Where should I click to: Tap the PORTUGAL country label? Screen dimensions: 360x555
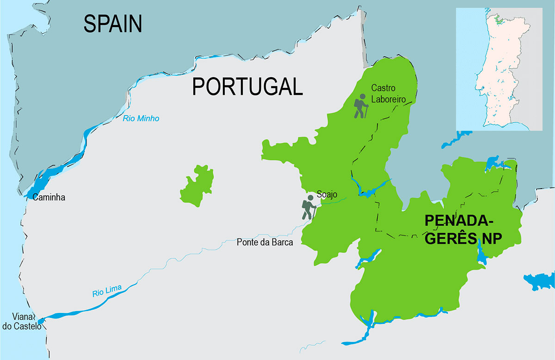pos(247,86)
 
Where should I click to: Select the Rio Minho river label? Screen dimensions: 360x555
pos(141,119)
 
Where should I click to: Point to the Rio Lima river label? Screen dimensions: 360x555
pos(107,291)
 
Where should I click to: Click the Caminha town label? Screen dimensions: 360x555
pos(49,197)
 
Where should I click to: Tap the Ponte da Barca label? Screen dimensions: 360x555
pos(265,242)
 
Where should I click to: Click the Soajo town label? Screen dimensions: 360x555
pos(327,195)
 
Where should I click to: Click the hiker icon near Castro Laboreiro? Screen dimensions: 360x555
pos(361,106)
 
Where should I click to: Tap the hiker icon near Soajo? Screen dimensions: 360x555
pos(308,207)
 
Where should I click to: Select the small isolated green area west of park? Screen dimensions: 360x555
pos(197,185)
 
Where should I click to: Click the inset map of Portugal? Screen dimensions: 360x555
pos(499,69)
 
